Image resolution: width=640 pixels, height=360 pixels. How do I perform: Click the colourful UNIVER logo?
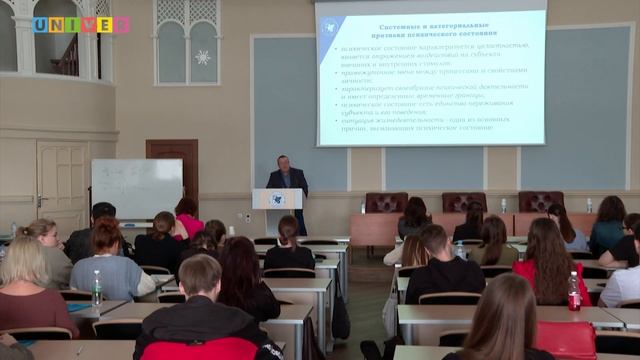click(80, 25)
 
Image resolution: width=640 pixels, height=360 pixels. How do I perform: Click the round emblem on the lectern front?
click(277, 199)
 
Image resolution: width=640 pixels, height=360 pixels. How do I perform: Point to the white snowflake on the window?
click(203, 56)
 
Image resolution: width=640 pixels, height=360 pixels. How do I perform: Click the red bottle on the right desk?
click(574, 292)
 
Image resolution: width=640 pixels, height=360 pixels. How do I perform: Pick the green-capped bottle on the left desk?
click(97, 289)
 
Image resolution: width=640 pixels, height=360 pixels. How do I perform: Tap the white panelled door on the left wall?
click(62, 183)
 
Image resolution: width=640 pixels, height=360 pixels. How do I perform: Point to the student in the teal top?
click(608, 226)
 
